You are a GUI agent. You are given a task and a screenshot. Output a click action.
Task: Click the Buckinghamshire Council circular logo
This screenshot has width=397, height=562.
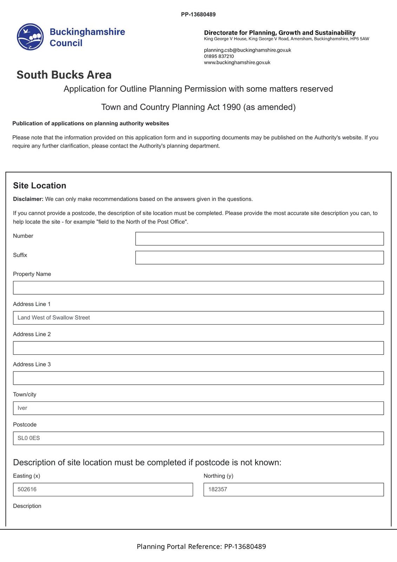point(30,37)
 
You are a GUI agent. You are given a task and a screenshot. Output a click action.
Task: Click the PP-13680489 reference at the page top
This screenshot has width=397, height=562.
point(198,14)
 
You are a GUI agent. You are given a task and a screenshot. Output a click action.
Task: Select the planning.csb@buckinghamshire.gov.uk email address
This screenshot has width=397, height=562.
point(247,50)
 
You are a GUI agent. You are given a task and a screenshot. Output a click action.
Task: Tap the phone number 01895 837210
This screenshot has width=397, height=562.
point(219,56)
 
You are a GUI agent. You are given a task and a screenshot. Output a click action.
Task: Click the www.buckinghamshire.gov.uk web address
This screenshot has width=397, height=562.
point(237,63)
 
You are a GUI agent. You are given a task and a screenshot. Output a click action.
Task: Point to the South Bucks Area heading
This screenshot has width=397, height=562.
point(64,75)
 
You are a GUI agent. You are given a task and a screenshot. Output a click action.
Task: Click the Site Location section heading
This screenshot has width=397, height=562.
point(39,185)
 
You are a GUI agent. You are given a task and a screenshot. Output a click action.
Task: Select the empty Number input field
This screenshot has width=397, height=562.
point(259,238)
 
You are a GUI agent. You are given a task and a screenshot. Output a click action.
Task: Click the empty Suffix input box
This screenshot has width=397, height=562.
point(259,257)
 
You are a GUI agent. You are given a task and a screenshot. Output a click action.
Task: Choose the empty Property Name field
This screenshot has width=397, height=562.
point(198,288)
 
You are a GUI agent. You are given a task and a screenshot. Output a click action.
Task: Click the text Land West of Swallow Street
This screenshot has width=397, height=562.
point(54,318)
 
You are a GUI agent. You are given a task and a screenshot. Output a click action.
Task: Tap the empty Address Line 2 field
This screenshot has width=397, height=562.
point(198,348)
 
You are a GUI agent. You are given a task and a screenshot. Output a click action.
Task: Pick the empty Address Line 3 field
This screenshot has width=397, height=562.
point(198,378)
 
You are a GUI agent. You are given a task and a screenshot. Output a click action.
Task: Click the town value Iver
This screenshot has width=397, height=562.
point(22,408)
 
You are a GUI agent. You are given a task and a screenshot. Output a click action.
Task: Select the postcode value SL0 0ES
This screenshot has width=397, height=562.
point(29,438)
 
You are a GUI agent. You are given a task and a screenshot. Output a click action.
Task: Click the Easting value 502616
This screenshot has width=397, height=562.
point(27,489)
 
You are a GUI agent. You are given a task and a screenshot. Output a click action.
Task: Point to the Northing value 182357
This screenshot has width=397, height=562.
point(218,489)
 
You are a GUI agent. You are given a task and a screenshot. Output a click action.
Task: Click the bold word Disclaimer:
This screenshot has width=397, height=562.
point(28,199)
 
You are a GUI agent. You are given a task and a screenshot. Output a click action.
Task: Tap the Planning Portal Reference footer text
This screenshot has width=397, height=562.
point(201,547)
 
